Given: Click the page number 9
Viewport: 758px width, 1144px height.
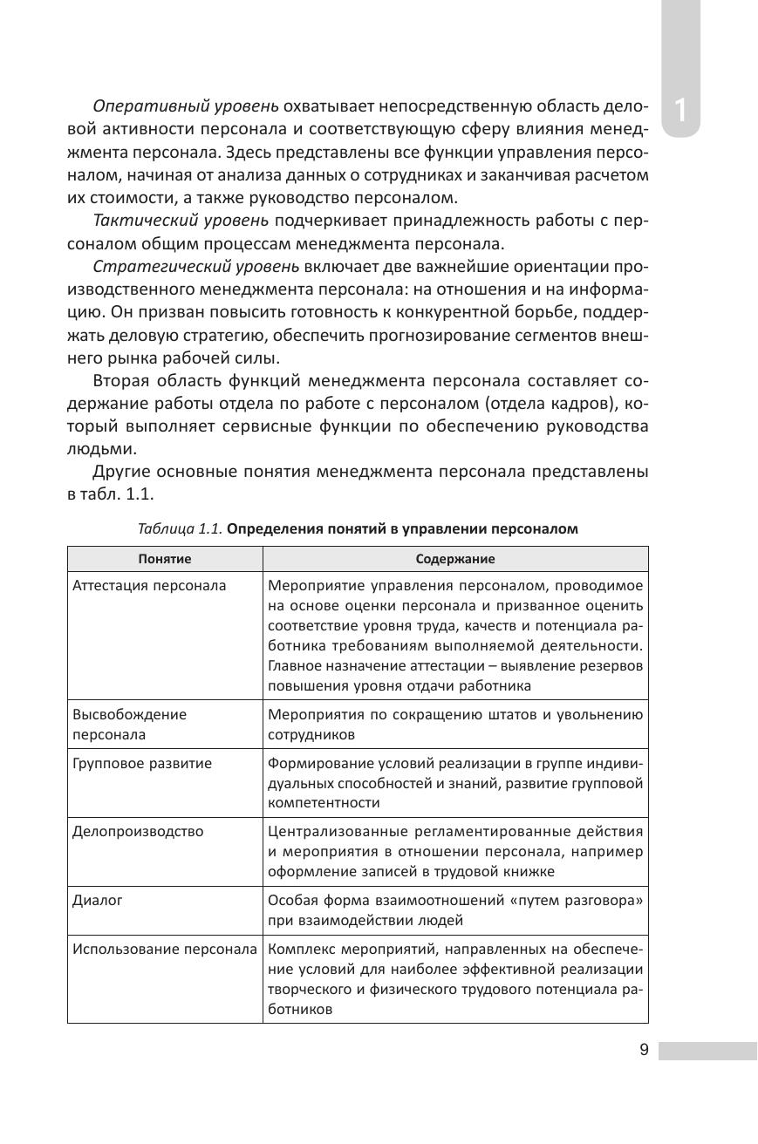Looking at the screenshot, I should (x=644, y=1050).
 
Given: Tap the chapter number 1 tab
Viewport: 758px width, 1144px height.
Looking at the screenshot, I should (x=680, y=112).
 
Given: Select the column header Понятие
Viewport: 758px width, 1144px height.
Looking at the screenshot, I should (x=165, y=559).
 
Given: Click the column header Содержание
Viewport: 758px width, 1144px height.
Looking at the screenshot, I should (x=454, y=559).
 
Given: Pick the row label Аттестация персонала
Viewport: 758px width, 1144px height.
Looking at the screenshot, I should (x=149, y=585).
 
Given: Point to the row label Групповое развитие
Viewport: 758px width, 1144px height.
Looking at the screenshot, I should (x=142, y=763).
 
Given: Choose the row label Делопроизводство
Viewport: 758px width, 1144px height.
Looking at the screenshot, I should (x=138, y=831).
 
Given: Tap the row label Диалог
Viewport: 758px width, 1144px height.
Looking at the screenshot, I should (x=98, y=900).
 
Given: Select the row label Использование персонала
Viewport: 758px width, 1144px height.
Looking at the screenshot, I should (x=165, y=949).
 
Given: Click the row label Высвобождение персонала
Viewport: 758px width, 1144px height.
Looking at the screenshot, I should (x=129, y=724).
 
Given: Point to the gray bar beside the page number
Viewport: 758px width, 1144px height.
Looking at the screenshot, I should (x=707, y=1050).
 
